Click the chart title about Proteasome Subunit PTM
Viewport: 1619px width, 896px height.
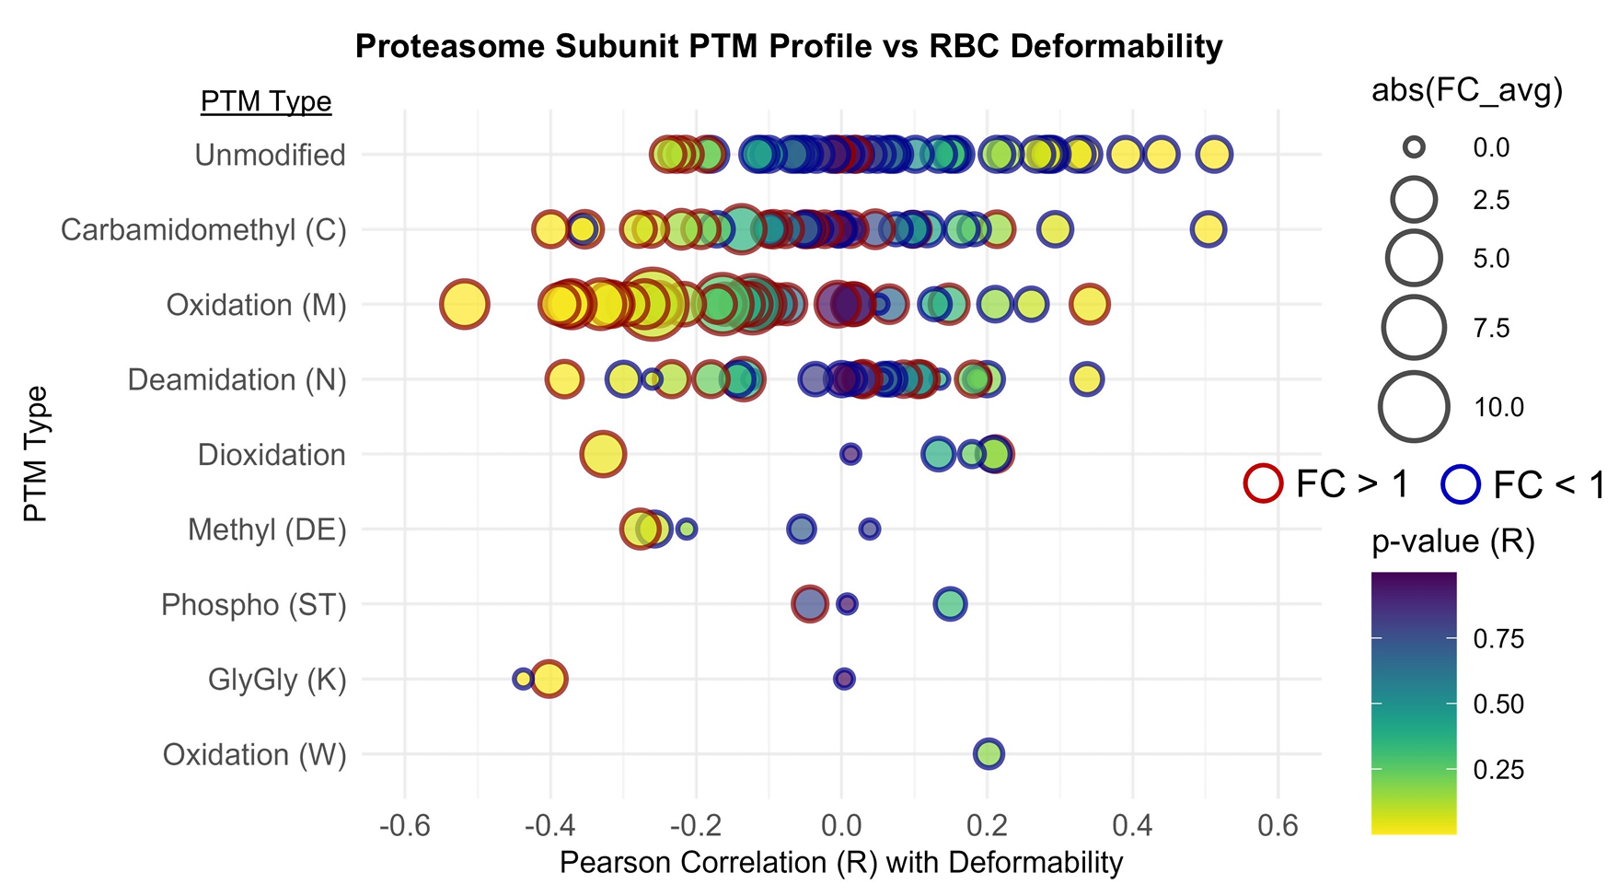pos(789,46)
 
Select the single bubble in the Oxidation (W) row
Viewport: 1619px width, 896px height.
pos(988,754)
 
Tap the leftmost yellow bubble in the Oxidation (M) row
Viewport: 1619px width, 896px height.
pos(464,304)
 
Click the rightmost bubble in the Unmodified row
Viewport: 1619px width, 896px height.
pos(1214,154)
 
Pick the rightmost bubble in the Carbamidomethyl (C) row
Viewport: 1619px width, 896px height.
pos(1208,228)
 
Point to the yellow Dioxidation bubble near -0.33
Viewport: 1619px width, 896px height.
pos(603,454)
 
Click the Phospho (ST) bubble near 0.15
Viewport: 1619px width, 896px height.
pos(950,604)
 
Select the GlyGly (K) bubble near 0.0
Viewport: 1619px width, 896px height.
pos(844,679)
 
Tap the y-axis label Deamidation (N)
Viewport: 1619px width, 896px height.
pos(237,379)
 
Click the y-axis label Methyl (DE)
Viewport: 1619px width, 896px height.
pos(267,529)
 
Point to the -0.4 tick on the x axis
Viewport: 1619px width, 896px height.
pos(550,825)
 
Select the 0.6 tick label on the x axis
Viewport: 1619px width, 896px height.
pos(1278,825)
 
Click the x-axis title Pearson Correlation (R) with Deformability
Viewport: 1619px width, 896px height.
pos(841,863)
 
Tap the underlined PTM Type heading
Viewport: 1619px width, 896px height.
pos(266,101)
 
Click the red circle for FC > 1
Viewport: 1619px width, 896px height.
pos(1263,483)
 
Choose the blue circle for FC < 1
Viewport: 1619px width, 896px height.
pos(1460,484)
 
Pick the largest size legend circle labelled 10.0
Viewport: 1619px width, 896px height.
pos(1415,407)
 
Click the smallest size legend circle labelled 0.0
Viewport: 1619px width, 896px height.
pos(1415,147)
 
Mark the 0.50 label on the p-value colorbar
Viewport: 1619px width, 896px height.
pos(1498,704)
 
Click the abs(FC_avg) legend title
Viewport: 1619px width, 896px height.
pos(1467,90)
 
